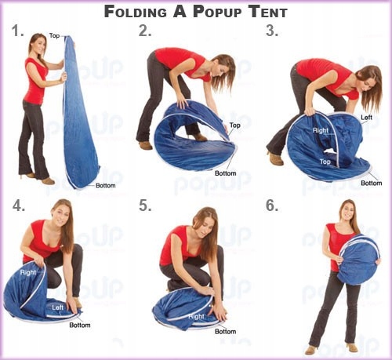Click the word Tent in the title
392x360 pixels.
(x=268, y=12)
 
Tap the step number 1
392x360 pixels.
(x=18, y=31)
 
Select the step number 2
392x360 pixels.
(x=145, y=31)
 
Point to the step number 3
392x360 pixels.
(x=272, y=31)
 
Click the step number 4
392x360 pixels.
(x=19, y=205)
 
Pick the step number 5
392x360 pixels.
(x=145, y=205)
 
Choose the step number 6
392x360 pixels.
(x=272, y=205)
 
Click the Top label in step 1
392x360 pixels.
(x=54, y=35)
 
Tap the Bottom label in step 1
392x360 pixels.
(x=106, y=186)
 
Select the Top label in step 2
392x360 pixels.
(x=235, y=125)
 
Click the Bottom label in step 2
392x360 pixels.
(x=225, y=173)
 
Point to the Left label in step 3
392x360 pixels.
(x=366, y=118)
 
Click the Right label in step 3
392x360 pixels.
(x=321, y=130)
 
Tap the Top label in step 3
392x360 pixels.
(x=325, y=162)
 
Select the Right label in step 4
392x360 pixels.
(x=28, y=272)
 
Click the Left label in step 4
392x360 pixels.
(x=58, y=307)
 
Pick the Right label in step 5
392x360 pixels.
(x=197, y=317)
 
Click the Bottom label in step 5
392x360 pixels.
(x=225, y=332)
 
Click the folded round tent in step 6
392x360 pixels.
(x=358, y=259)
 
